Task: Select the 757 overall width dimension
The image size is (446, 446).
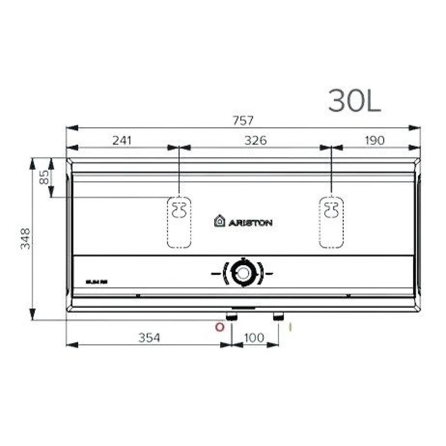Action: (243, 121)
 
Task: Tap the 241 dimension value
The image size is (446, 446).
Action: (122, 140)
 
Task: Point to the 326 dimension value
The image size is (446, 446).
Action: (255, 140)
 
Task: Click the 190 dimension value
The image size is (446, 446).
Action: (374, 140)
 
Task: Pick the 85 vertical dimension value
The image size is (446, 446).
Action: (44, 178)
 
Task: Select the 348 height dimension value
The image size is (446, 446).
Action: (25, 239)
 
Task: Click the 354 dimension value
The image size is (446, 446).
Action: (149, 338)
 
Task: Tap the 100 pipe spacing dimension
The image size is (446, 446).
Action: (255, 338)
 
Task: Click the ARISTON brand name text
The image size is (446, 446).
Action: (250, 223)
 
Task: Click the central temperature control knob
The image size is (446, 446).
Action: (243, 273)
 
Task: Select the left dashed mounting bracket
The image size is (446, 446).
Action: (179, 222)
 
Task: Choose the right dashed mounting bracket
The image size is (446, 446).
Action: (331, 222)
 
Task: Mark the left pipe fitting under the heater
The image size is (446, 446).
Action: (232, 316)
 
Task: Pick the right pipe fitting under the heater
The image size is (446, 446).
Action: (279, 316)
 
